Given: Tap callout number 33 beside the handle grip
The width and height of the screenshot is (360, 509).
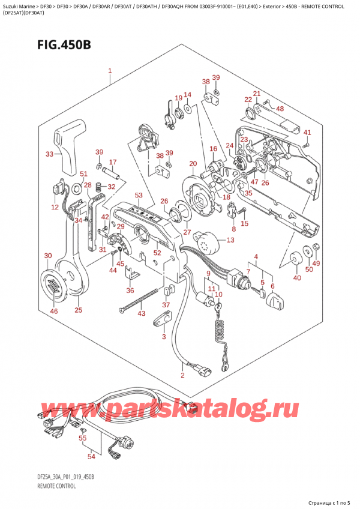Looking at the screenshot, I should (x=49, y=154).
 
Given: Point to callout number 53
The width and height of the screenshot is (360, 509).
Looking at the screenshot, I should (x=139, y=196).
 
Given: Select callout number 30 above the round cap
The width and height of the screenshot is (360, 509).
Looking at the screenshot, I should (x=48, y=257).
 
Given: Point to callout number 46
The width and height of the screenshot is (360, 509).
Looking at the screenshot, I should (x=55, y=312).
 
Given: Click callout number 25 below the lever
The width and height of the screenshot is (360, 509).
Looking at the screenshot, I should (x=78, y=310).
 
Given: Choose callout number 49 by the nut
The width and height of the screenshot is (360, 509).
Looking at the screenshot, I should (x=316, y=263).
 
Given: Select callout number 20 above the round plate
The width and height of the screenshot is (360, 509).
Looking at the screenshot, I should (x=193, y=164).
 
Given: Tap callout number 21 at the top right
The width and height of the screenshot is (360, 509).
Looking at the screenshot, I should (x=257, y=94).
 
